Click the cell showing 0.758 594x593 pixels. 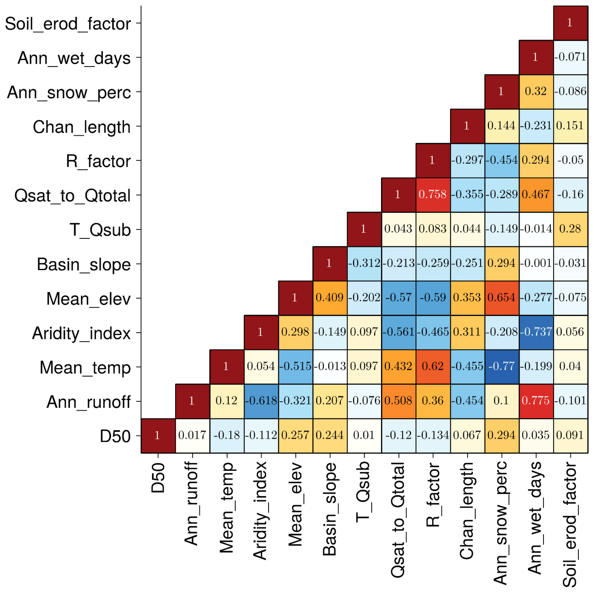[x=433, y=194]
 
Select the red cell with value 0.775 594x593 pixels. [x=536, y=401]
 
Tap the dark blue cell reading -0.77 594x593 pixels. [x=501, y=366]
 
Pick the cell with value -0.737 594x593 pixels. [x=536, y=332]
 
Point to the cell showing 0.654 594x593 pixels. [x=501, y=298]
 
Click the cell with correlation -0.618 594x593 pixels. [x=261, y=401]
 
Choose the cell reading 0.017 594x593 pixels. [x=192, y=435]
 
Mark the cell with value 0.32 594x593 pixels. [x=536, y=92]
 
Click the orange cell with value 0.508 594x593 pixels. [x=399, y=401]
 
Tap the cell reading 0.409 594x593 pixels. [x=329, y=298]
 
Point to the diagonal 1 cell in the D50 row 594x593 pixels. [x=158, y=435]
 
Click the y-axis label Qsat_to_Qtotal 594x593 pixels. [x=73, y=196]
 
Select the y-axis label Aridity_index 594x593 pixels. [x=82, y=333]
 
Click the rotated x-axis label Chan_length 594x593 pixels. [x=467, y=511]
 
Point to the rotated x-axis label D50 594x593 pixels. [x=159, y=479]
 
